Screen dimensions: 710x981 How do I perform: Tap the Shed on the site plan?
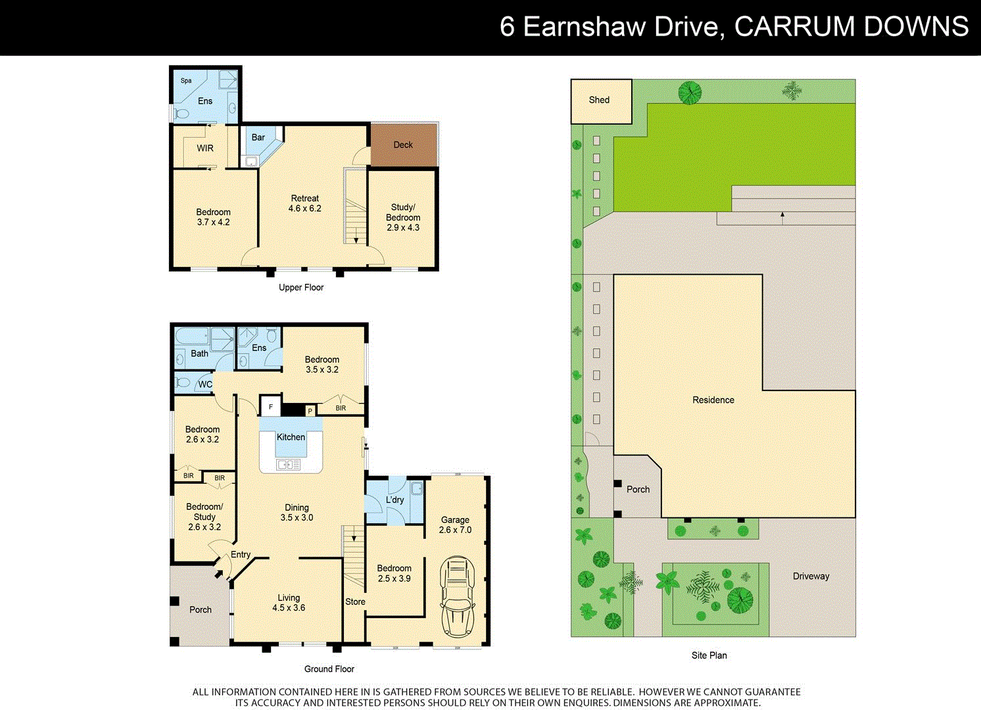600,101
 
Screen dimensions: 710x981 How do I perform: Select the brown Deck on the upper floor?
403,145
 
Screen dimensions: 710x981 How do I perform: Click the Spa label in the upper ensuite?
186,81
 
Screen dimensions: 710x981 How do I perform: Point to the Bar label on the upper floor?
258,137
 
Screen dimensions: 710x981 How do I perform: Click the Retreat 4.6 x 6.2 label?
304,203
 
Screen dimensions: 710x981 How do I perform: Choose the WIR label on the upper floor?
205,149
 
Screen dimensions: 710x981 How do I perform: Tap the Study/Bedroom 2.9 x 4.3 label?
403,218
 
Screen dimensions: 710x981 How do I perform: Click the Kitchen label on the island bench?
291,437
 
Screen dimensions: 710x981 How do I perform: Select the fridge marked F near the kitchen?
270,407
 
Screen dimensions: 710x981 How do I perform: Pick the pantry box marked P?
310,412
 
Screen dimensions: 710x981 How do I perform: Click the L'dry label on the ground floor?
395,500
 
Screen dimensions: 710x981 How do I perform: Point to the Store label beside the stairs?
355,602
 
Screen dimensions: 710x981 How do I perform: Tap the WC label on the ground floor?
205,385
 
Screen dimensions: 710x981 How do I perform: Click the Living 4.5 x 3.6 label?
289,603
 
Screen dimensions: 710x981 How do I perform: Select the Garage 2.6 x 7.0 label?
455,525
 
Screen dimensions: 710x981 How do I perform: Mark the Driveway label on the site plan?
811,577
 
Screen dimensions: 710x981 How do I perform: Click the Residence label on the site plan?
713,400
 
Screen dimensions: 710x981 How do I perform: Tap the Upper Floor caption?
301,287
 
